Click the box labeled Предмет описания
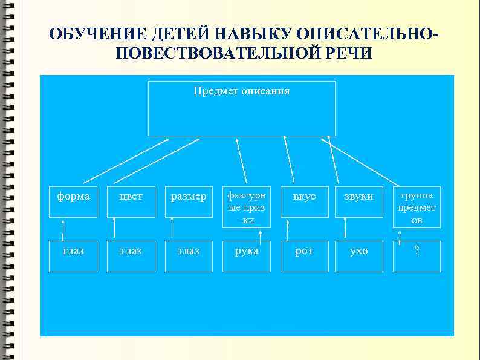pyautogui.click(x=242, y=108)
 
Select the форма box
pyautogui.click(x=73, y=197)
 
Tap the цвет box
pyautogui.click(x=131, y=197)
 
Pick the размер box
pyautogui.click(x=189, y=197)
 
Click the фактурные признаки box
pyautogui.click(x=245, y=206)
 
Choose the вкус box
pyautogui.click(x=304, y=197)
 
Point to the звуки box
pyautogui.click(x=359, y=197)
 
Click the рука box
pyautogui.click(x=246, y=250)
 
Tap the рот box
pyautogui.click(x=304, y=250)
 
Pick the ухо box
pyautogui.click(x=359, y=250)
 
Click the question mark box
pyautogui.click(x=417, y=250)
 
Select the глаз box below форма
pyautogui.click(x=73, y=250)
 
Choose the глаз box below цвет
pyautogui.click(x=131, y=250)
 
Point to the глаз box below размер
pyautogui.click(x=189, y=250)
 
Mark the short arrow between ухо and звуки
pyautogui.click(x=345, y=227)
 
